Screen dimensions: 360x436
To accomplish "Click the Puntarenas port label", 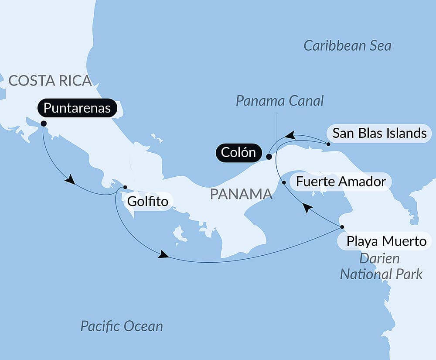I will pyautogui.click(x=77, y=108).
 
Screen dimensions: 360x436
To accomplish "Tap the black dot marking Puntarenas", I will pyautogui.click(x=44, y=123).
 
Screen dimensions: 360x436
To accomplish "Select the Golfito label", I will pyautogui.click(x=147, y=202).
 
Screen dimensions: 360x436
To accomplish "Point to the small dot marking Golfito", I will pyautogui.click(x=125, y=187).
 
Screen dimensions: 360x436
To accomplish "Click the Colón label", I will pyautogui.click(x=238, y=153).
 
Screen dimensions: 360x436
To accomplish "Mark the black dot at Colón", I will pyautogui.click(x=269, y=157).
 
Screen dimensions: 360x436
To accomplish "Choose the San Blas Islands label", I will pyautogui.click(x=379, y=133).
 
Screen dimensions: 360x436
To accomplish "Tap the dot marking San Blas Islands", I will pyautogui.click(x=328, y=144).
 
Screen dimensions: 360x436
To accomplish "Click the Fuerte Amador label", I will pyautogui.click(x=341, y=182).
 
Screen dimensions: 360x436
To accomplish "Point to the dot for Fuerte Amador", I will pyautogui.click(x=284, y=182).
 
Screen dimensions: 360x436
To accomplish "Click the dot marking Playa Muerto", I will pyautogui.click(x=342, y=227).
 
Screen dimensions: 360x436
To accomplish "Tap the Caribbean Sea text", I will pyautogui.click(x=347, y=46).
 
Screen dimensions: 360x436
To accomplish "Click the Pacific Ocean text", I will pyautogui.click(x=122, y=326).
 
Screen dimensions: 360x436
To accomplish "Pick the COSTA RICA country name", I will pyautogui.click(x=50, y=81).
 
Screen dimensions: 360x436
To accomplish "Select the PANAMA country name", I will pyautogui.click(x=241, y=194).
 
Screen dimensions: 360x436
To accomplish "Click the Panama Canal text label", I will pyautogui.click(x=280, y=101).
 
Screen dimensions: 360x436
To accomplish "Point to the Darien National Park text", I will pyautogui.click(x=381, y=266).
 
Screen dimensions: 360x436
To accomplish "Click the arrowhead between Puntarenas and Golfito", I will pyautogui.click(x=69, y=179).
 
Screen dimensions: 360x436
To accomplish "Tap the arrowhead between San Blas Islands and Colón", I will pyautogui.click(x=290, y=136).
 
